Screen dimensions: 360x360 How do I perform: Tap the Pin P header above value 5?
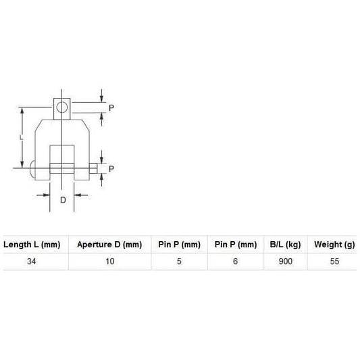pos(179,245)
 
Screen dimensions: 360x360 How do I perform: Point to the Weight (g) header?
pos(331,245)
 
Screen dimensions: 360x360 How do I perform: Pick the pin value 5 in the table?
pos(179,261)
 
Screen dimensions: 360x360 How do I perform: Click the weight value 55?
pos(331,261)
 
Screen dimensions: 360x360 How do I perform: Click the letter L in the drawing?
pos(22,136)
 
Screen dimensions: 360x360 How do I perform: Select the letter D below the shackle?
pos(62,201)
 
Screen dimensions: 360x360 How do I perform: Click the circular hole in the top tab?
pos(62,107)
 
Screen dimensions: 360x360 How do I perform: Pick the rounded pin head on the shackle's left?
pos(34,169)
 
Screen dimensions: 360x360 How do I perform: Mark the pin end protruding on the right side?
pos(92,169)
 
